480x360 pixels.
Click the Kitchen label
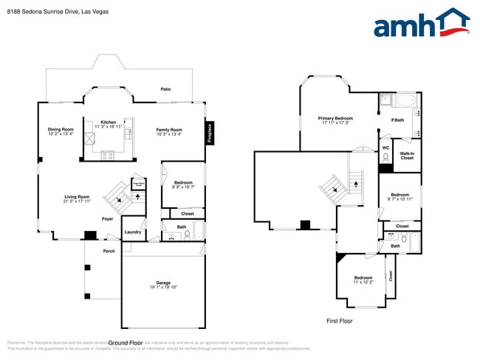(109, 122)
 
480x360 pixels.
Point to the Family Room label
(168, 130)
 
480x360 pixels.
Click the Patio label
(166, 89)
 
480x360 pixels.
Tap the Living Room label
(77, 197)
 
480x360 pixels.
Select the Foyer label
(108, 218)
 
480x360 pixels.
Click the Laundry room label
(133, 232)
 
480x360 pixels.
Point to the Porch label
(109, 251)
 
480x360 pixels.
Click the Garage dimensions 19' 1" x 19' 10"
(162, 286)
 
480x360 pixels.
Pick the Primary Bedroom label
(335, 118)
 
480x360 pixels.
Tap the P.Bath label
(397, 120)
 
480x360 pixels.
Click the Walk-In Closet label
(407, 156)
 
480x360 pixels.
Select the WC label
(385, 148)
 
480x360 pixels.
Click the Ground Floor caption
(126, 342)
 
